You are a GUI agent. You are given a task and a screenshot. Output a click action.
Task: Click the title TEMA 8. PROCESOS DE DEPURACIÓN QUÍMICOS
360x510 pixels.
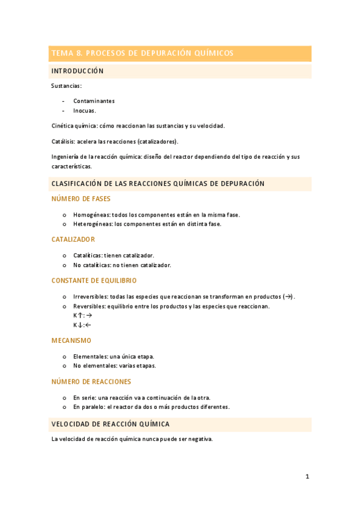(142, 54)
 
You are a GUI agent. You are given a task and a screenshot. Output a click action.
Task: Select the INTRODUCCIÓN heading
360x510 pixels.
(78, 71)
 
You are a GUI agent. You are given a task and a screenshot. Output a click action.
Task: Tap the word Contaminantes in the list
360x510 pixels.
(94, 101)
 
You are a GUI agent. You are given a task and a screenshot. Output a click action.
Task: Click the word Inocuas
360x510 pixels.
(84, 111)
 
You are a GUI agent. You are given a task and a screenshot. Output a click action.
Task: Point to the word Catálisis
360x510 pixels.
(63, 141)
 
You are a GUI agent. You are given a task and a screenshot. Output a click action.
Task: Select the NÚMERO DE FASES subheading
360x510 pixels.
(81, 198)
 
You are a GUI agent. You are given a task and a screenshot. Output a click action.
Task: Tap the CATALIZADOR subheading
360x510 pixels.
(73, 239)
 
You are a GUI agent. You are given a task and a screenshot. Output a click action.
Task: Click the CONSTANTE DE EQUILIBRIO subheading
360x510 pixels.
(94, 280)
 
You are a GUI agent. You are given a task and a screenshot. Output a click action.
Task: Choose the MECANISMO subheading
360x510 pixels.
(72, 340)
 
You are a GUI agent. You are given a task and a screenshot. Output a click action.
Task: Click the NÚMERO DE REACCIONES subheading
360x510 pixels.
(91, 381)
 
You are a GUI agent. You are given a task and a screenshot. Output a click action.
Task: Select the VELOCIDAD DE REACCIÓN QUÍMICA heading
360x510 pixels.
(111, 424)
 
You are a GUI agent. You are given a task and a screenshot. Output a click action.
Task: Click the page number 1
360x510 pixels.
(307, 477)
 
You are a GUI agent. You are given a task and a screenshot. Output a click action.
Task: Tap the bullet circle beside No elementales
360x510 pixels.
(64, 366)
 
